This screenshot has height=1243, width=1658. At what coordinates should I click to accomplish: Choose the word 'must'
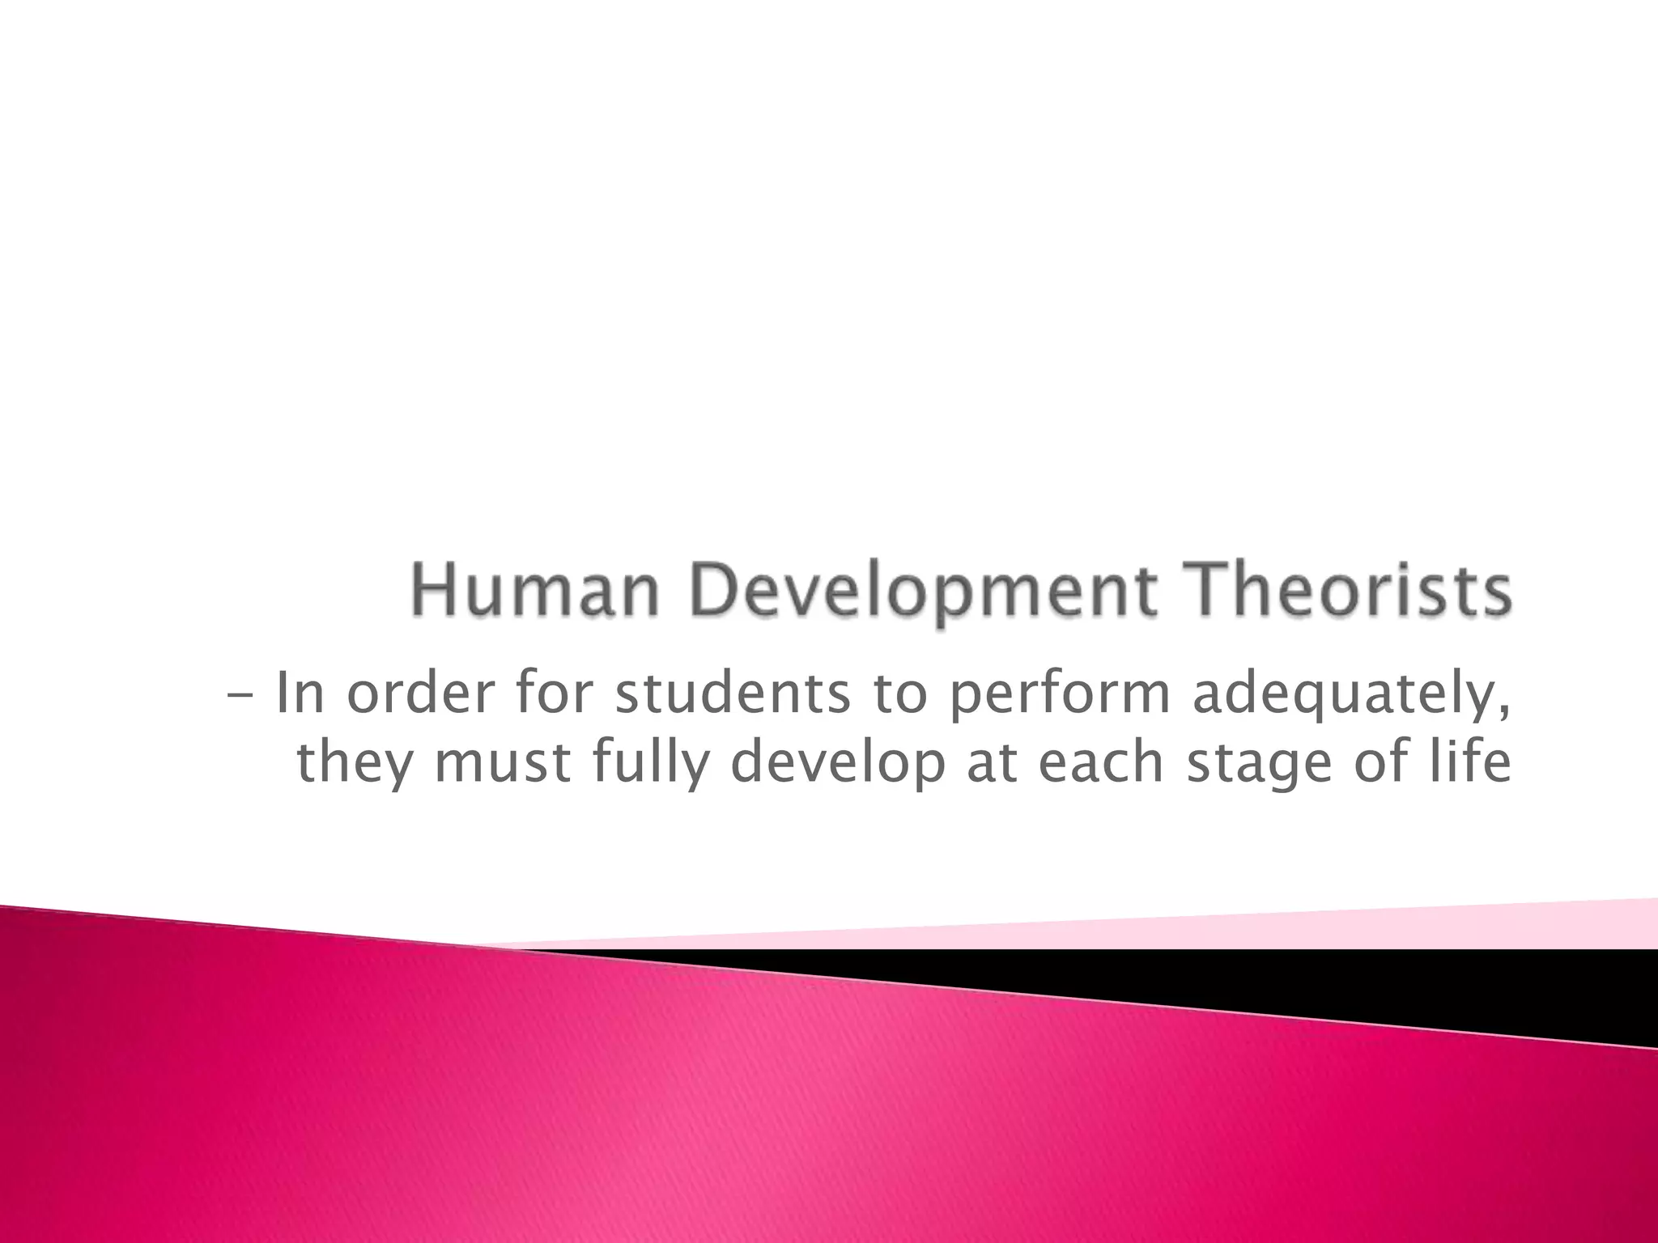pyautogui.click(x=505, y=764)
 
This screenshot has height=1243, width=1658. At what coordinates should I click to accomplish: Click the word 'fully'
pyautogui.click(x=650, y=764)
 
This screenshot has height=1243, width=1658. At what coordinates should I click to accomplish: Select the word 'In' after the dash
pyautogui.click(x=300, y=694)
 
